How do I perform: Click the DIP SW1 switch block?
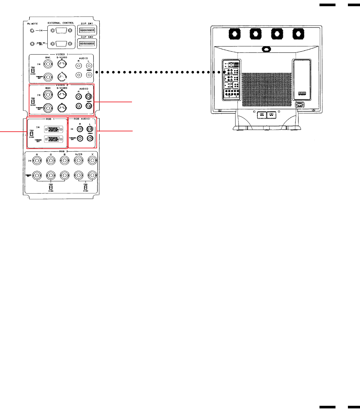coord(87,30)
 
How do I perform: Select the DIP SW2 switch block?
coord(87,43)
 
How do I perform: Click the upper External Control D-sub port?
coord(61,30)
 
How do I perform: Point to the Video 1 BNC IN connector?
coord(48,64)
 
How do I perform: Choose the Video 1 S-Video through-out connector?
coord(62,77)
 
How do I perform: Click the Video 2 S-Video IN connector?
coord(62,95)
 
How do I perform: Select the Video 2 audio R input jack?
coord(78,96)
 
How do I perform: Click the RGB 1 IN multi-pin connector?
coord(54,129)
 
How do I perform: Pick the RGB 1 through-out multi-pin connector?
coord(54,139)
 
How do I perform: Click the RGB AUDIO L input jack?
coord(90,129)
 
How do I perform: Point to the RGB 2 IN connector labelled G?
coord(51,160)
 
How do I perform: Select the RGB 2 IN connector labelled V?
coord(92,160)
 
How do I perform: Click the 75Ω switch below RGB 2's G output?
coord(51,187)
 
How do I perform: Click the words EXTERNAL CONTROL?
coord(61,23)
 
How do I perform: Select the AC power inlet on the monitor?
coord(299,105)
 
